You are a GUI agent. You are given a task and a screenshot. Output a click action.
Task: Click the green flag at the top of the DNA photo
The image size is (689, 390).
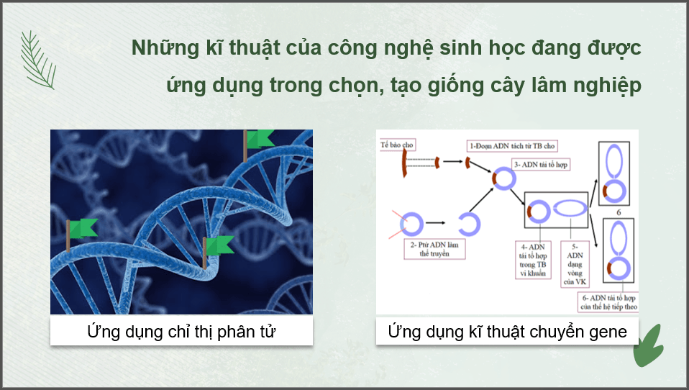point(260,138)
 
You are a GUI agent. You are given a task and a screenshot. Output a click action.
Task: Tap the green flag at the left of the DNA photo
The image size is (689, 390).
point(83,228)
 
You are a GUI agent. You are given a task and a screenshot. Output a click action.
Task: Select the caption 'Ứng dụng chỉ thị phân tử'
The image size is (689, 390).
point(181,332)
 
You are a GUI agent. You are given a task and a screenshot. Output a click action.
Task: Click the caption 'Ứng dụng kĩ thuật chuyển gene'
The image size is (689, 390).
point(507,332)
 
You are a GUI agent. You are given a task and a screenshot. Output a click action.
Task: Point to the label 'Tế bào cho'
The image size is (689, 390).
point(398,145)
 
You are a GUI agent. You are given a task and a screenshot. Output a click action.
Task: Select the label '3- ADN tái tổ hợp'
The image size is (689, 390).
point(541,165)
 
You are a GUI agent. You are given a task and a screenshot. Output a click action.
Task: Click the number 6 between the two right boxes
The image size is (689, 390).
point(618,213)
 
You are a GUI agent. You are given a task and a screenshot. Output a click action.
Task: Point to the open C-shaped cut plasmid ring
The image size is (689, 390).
point(470,224)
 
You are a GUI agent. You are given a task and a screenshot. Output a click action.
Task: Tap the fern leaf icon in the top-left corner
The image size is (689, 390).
point(37,60)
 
